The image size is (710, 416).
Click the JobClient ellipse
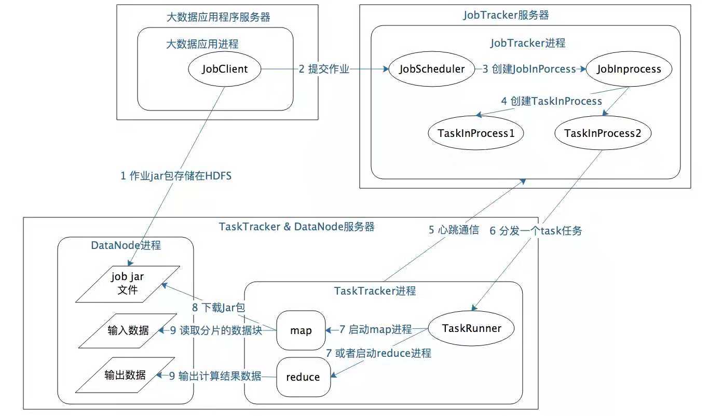[224, 69]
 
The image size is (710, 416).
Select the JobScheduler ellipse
[432, 69]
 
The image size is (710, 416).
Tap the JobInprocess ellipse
[629, 69]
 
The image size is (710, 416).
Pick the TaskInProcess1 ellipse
[476, 133]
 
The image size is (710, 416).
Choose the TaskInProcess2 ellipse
[603, 133]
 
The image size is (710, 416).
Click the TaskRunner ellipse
[471, 328]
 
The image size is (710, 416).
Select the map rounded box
[301, 330]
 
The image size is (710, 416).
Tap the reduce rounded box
[303, 377]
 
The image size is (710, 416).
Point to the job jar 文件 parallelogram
[128, 284]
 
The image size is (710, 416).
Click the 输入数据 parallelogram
[128, 331]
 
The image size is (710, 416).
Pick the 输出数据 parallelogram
[125, 375]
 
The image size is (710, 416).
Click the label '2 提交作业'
[324, 69]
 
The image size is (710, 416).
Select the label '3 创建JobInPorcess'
[529, 69]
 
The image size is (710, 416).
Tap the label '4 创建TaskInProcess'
[552, 101]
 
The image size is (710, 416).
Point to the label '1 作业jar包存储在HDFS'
[176, 176]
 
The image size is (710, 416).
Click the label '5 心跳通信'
[454, 230]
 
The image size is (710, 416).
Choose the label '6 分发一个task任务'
[536, 231]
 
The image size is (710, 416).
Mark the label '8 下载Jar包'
[219, 307]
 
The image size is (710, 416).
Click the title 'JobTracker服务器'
[506, 15]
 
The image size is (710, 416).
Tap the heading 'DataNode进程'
[126, 245]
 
